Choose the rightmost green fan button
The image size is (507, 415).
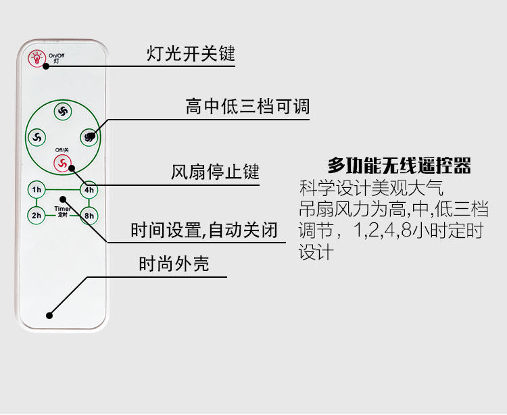click(x=89, y=137)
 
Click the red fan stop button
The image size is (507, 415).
click(x=62, y=163)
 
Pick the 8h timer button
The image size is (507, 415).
click(x=89, y=216)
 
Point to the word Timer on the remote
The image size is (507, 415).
click(x=62, y=210)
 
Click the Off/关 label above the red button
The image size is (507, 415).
click(x=62, y=149)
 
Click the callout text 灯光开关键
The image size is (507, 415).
click(x=191, y=53)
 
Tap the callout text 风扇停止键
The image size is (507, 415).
click(x=215, y=172)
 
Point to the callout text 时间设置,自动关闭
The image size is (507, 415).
click(x=204, y=230)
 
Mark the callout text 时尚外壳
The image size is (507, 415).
click(x=174, y=264)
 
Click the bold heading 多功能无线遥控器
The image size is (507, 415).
click(x=399, y=166)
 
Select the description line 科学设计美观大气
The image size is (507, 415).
click(x=371, y=188)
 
